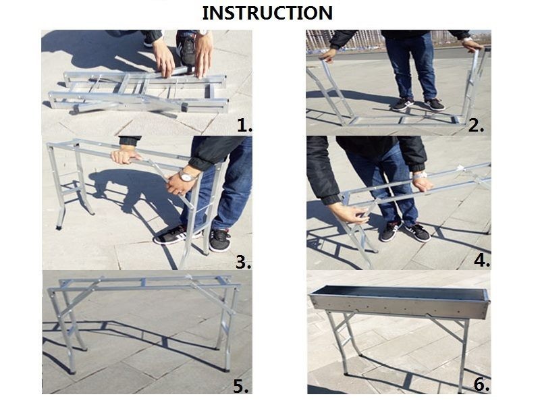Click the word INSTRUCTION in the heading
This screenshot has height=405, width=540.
pyautogui.click(x=267, y=12)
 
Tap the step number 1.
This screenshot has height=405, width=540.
pyautogui.click(x=244, y=125)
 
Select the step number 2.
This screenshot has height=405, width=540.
pyautogui.click(x=477, y=125)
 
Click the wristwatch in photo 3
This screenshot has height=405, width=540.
pyautogui.click(x=186, y=176)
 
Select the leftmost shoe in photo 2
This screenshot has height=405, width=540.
pyautogui.click(x=403, y=103)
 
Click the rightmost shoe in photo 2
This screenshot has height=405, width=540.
pyautogui.click(x=434, y=104)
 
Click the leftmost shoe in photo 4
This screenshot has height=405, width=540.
pyautogui.click(x=389, y=231)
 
